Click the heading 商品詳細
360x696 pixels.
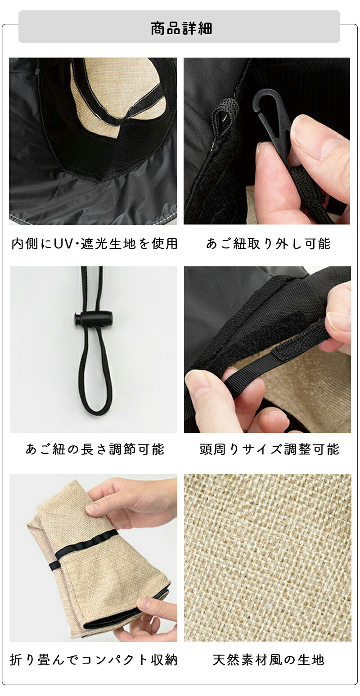click(181, 28)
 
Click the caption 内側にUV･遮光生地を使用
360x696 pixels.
click(94, 244)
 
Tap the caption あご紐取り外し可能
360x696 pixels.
click(268, 244)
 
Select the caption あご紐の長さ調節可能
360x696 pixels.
click(94, 449)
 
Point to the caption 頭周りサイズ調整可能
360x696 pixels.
click(269, 449)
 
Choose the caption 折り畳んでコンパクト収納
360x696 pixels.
click(94, 660)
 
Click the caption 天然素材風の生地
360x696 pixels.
click(268, 660)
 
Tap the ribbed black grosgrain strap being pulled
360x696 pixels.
click(252, 373)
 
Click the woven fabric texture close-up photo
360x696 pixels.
click(267, 558)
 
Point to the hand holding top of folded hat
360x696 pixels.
click(135, 499)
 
